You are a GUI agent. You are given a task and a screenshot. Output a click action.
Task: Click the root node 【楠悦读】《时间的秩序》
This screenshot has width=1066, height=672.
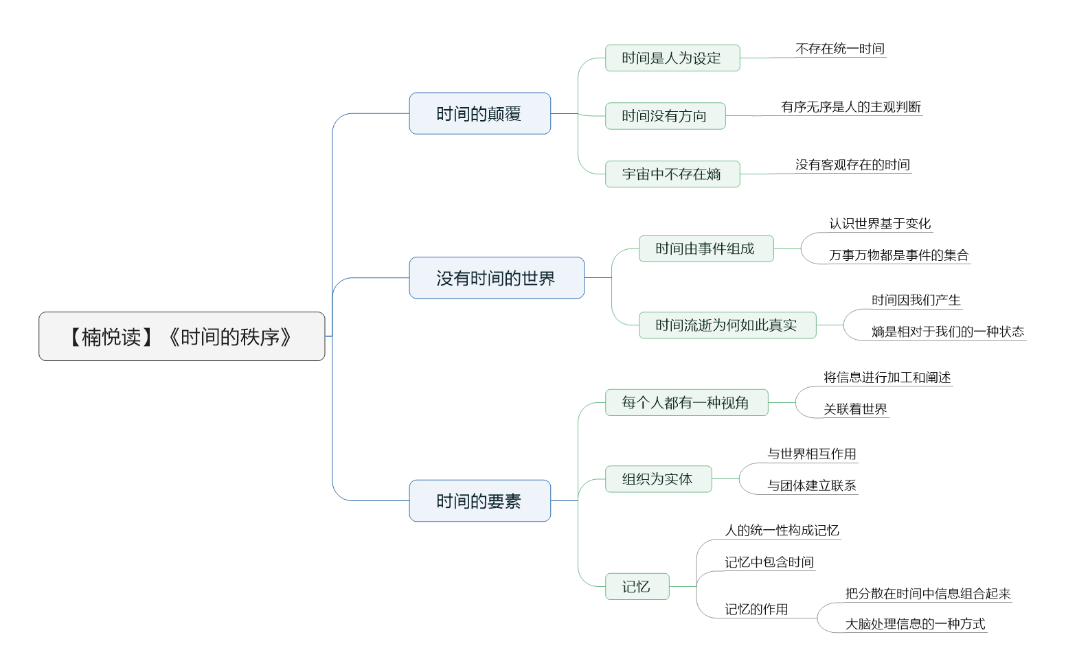[182, 336]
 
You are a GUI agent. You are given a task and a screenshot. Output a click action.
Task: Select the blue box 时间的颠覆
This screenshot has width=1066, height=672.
[479, 113]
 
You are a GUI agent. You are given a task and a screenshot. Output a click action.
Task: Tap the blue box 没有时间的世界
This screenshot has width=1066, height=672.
[497, 278]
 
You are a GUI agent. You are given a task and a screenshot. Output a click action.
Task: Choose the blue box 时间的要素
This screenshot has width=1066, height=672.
[479, 501]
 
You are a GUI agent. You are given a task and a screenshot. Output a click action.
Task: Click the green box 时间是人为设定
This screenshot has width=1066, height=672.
[672, 58]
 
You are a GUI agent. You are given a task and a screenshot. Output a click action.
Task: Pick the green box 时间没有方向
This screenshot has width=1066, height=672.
[666, 116]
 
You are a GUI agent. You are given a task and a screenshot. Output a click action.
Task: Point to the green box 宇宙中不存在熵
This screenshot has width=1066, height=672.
[672, 174]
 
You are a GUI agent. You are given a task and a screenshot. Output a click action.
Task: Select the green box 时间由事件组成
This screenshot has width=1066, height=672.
[706, 248]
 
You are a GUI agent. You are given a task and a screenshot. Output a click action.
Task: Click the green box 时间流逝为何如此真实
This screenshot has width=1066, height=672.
[727, 325]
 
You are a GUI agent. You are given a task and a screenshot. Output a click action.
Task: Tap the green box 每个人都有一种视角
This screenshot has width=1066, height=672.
[686, 403]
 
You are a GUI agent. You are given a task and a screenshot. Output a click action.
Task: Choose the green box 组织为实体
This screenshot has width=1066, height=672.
[658, 479]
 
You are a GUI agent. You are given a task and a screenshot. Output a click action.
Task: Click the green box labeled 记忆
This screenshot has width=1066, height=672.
[637, 586]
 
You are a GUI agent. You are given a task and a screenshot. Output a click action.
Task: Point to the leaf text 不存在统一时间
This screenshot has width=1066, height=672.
[840, 49]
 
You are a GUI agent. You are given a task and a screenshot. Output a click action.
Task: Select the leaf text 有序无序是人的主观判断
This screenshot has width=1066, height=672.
[851, 106]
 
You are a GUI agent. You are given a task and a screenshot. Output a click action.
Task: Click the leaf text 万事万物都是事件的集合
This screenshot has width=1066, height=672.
[898, 255]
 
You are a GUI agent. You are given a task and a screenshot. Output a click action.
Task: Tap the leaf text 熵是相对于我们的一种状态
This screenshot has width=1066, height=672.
[947, 332]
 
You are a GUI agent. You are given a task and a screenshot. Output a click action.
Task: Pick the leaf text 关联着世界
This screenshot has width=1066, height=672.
[855, 409]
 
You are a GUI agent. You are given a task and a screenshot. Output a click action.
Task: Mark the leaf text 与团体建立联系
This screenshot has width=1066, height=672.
[811, 485]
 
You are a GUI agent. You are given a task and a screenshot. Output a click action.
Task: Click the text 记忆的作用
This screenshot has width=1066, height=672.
[756, 610]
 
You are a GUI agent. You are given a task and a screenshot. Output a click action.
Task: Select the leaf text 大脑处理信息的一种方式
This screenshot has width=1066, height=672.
[915, 624]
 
